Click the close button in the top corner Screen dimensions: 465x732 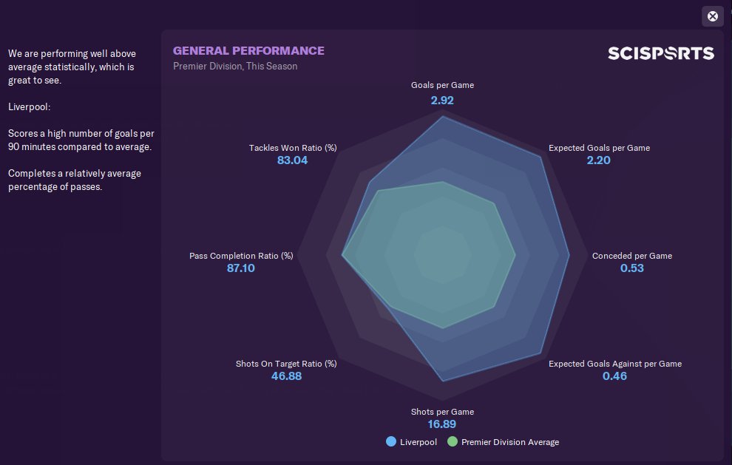(712, 16)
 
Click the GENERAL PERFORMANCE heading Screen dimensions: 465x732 (248, 51)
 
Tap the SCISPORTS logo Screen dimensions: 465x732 (661, 53)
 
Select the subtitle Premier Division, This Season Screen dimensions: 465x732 (235, 67)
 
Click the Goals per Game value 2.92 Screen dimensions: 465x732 (442, 100)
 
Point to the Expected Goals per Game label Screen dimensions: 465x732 (599, 148)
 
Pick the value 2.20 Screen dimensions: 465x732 (598, 160)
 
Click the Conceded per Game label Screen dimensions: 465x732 (631, 256)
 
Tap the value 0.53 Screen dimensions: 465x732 (631, 268)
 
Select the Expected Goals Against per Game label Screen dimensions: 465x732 (614, 364)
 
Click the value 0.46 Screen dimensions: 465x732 (614, 376)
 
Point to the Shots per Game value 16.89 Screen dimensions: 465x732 (442, 424)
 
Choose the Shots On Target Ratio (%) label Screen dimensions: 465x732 (286, 364)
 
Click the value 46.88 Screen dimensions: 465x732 (286, 376)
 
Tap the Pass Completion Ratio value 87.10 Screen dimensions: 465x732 (241, 268)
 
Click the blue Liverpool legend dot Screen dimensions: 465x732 (391, 442)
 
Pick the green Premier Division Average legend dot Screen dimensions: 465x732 (453, 442)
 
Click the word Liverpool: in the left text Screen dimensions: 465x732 (29, 106)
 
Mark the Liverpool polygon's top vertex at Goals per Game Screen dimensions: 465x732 (442, 117)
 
